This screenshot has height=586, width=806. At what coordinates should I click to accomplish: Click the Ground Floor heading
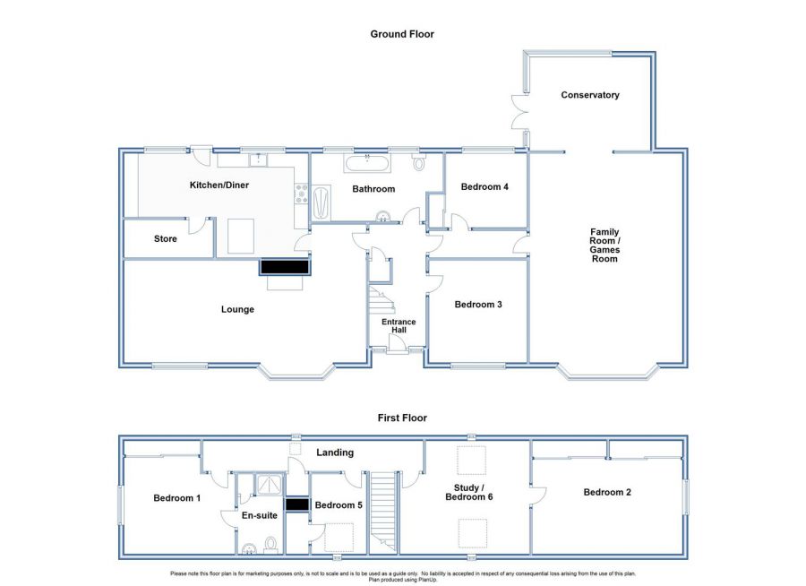402,34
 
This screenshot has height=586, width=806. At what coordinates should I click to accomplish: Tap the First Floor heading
402,418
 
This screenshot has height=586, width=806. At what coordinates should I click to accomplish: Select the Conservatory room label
589,95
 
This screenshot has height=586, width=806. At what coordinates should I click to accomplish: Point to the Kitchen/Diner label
219,185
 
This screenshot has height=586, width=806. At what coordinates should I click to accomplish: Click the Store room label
165,238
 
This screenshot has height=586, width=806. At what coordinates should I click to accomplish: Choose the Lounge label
237,309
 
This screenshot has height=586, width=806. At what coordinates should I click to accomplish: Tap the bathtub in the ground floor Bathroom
367,163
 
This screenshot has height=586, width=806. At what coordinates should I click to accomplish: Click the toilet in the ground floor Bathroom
419,162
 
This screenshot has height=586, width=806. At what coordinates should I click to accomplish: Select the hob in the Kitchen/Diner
301,194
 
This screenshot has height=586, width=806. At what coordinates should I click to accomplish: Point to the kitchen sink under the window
258,159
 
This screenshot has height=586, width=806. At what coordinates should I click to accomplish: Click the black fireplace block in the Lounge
285,267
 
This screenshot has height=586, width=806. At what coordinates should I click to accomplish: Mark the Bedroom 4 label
484,186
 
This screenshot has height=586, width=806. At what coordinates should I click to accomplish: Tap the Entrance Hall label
399,325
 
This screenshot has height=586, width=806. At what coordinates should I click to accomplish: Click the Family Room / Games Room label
604,246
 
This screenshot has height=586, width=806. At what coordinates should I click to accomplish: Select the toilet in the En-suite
270,544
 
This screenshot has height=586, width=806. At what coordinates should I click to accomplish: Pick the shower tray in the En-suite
270,485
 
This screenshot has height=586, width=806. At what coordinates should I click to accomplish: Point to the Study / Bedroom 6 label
468,492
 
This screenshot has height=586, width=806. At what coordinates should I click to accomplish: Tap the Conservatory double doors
520,112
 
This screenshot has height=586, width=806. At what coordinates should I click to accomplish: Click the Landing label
335,452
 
